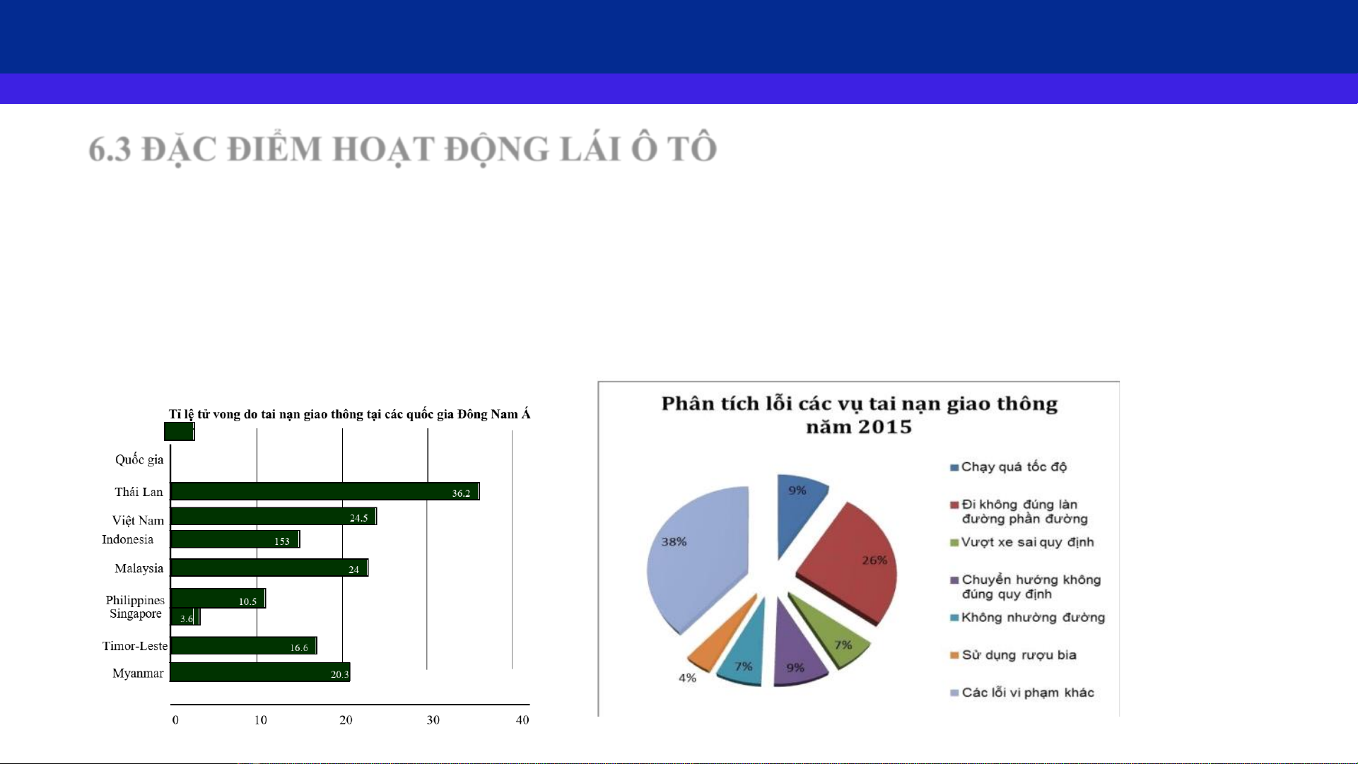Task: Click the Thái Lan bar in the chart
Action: coord(325,491)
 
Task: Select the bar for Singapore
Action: coord(186,617)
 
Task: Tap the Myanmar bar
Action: coord(260,672)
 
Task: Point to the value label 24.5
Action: coord(359,518)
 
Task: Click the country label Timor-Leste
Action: coord(135,646)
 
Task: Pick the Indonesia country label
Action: coord(127,539)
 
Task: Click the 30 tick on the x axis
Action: coord(433,720)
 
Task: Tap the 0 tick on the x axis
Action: coord(175,720)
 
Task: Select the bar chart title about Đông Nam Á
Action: coord(349,414)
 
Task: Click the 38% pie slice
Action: coord(696,558)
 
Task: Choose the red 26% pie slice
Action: coord(852,562)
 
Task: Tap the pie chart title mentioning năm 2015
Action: coord(859,415)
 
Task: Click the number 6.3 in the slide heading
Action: coord(110,150)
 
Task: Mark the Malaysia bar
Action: coord(269,568)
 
